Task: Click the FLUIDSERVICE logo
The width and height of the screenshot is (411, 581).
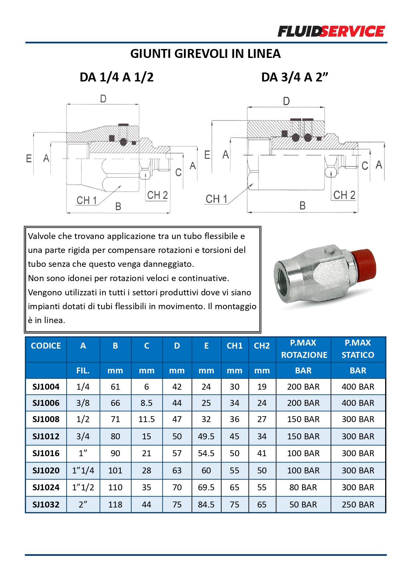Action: [x=331, y=31]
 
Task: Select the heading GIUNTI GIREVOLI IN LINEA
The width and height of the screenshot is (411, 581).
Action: [x=205, y=54]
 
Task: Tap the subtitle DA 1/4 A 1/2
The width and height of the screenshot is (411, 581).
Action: [x=116, y=77]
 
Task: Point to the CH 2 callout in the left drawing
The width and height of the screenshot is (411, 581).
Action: [x=157, y=195]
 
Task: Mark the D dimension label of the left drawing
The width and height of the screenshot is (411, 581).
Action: [x=103, y=99]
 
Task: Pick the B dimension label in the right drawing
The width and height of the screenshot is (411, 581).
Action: [x=302, y=206]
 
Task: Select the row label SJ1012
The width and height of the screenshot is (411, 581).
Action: [x=46, y=436]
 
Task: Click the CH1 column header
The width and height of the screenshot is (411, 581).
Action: [x=234, y=346]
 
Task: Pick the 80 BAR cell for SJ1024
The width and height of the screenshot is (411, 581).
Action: [x=303, y=487]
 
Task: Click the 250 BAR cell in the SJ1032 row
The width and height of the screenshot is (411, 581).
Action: [x=358, y=505]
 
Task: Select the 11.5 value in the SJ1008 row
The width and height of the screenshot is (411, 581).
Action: [x=147, y=419]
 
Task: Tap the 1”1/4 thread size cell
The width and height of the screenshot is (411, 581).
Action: [x=83, y=470]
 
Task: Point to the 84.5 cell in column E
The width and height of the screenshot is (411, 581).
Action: [x=206, y=505]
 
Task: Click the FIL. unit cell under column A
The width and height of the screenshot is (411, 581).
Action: [x=83, y=370]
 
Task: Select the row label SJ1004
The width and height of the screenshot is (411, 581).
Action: [x=46, y=387]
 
